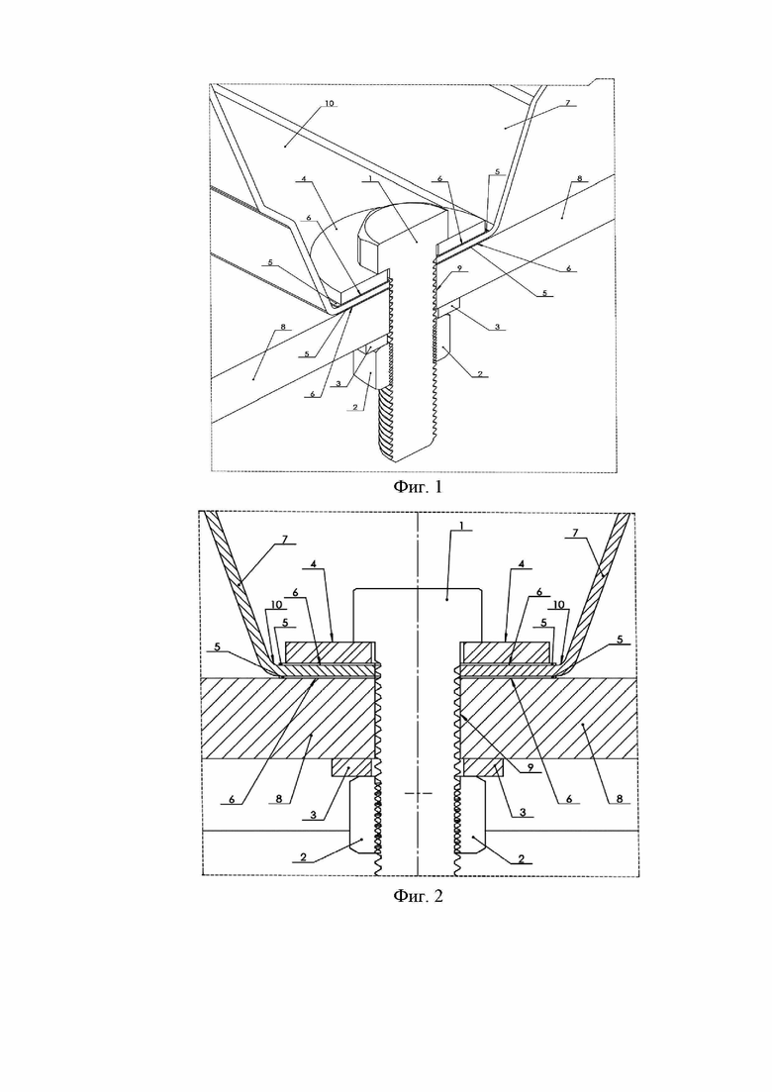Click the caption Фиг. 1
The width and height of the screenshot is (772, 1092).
(418, 487)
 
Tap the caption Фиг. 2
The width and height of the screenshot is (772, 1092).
(418, 896)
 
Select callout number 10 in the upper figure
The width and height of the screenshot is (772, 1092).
(330, 103)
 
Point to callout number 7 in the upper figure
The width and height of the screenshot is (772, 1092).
(567, 102)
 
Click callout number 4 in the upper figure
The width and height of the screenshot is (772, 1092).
(304, 179)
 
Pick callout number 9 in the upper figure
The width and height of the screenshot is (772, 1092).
(460, 267)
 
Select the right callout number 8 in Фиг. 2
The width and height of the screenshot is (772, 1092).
(620, 799)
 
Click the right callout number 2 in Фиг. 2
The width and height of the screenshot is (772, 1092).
(522, 859)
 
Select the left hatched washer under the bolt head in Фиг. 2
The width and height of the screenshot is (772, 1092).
(331, 651)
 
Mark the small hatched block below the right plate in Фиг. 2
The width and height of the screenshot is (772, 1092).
(484, 766)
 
